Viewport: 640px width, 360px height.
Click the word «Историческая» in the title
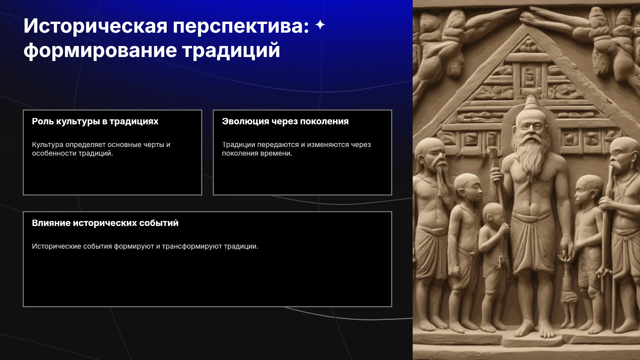pyautogui.click(x=95, y=26)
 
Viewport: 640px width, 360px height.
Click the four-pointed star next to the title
pyautogui.click(x=320, y=25)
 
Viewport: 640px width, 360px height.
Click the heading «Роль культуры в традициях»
pyautogui.click(x=95, y=122)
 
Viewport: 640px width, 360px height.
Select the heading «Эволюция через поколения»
pyautogui.click(x=285, y=122)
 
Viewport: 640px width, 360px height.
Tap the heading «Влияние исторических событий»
pyautogui.click(x=105, y=223)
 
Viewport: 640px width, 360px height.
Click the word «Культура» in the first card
pyautogui.click(x=48, y=145)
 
